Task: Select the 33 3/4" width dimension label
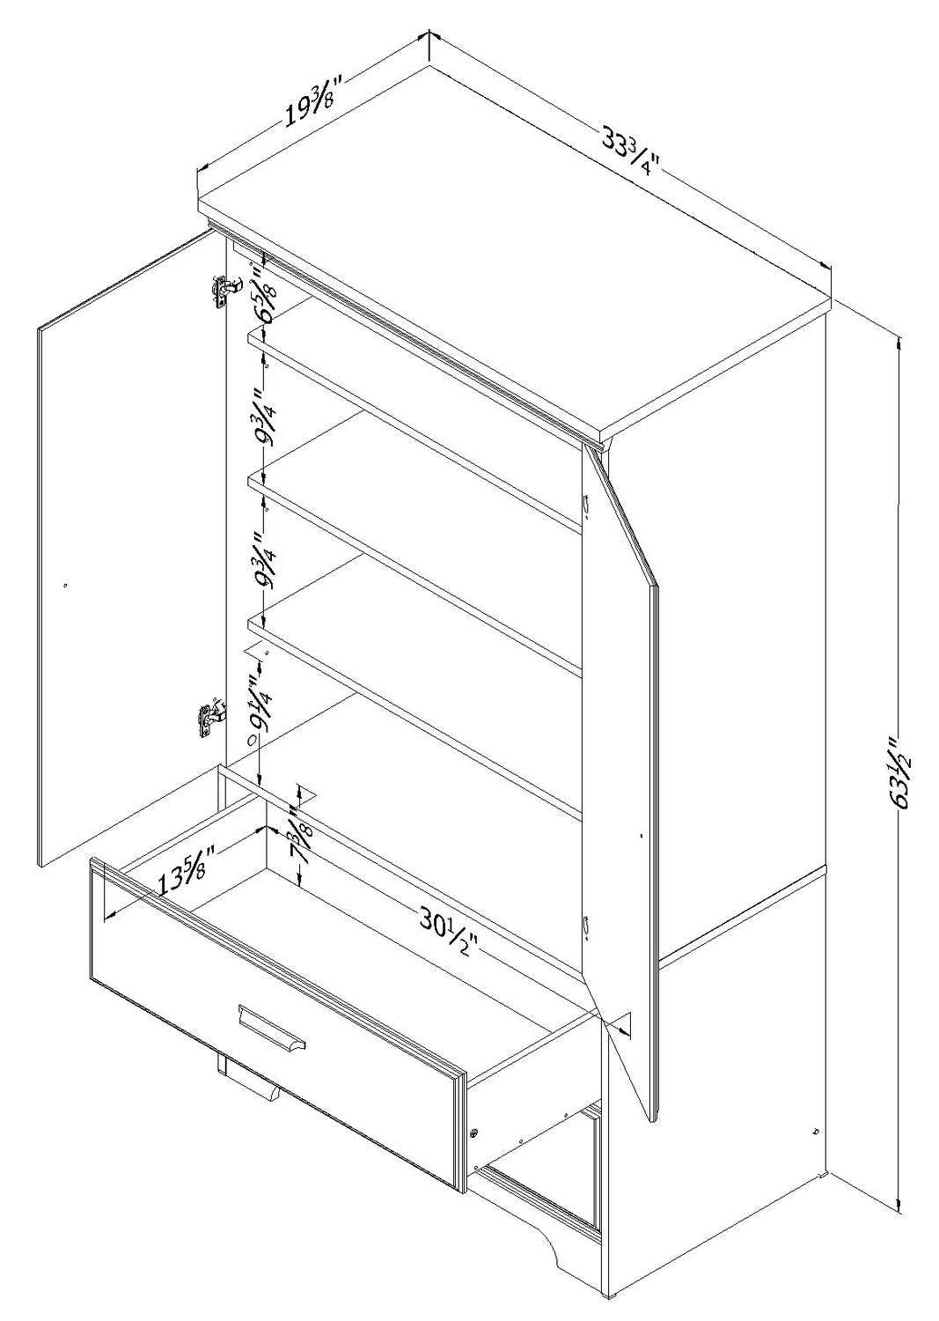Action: [x=630, y=150]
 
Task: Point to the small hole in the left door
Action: [x=65, y=583]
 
